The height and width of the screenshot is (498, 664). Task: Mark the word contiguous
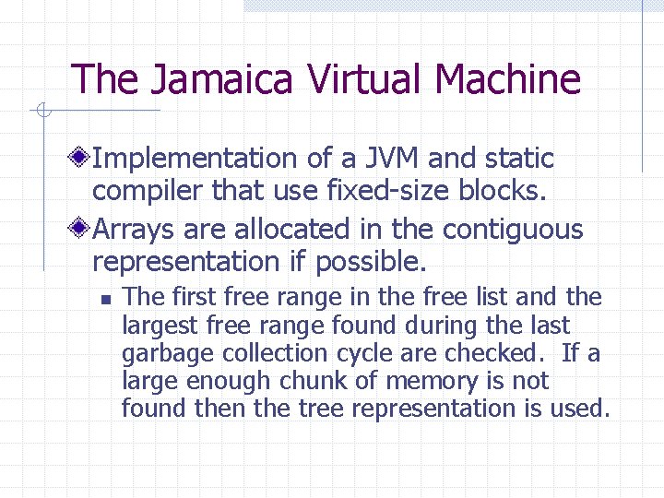click(x=515, y=229)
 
